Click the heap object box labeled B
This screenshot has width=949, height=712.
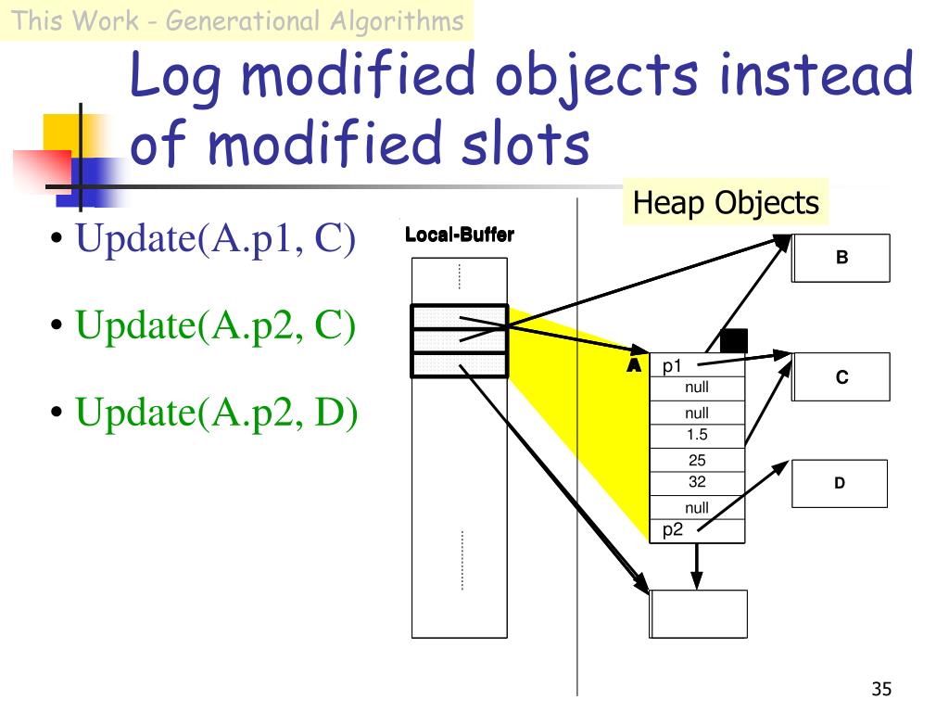coord(841,258)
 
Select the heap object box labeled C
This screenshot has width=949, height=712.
coord(841,377)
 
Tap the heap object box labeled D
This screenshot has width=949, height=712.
coord(839,483)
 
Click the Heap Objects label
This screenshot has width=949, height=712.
coord(726,203)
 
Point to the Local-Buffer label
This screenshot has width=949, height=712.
coord(459,235)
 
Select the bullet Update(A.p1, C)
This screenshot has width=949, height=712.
coord(215,239)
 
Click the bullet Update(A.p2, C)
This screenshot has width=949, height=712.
coord(215,325)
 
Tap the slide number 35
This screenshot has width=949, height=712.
coord(880,689)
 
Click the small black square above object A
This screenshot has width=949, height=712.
coord(733,340)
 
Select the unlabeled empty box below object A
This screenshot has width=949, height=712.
coord(698,613)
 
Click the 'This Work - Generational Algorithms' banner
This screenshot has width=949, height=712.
coord(237,20)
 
